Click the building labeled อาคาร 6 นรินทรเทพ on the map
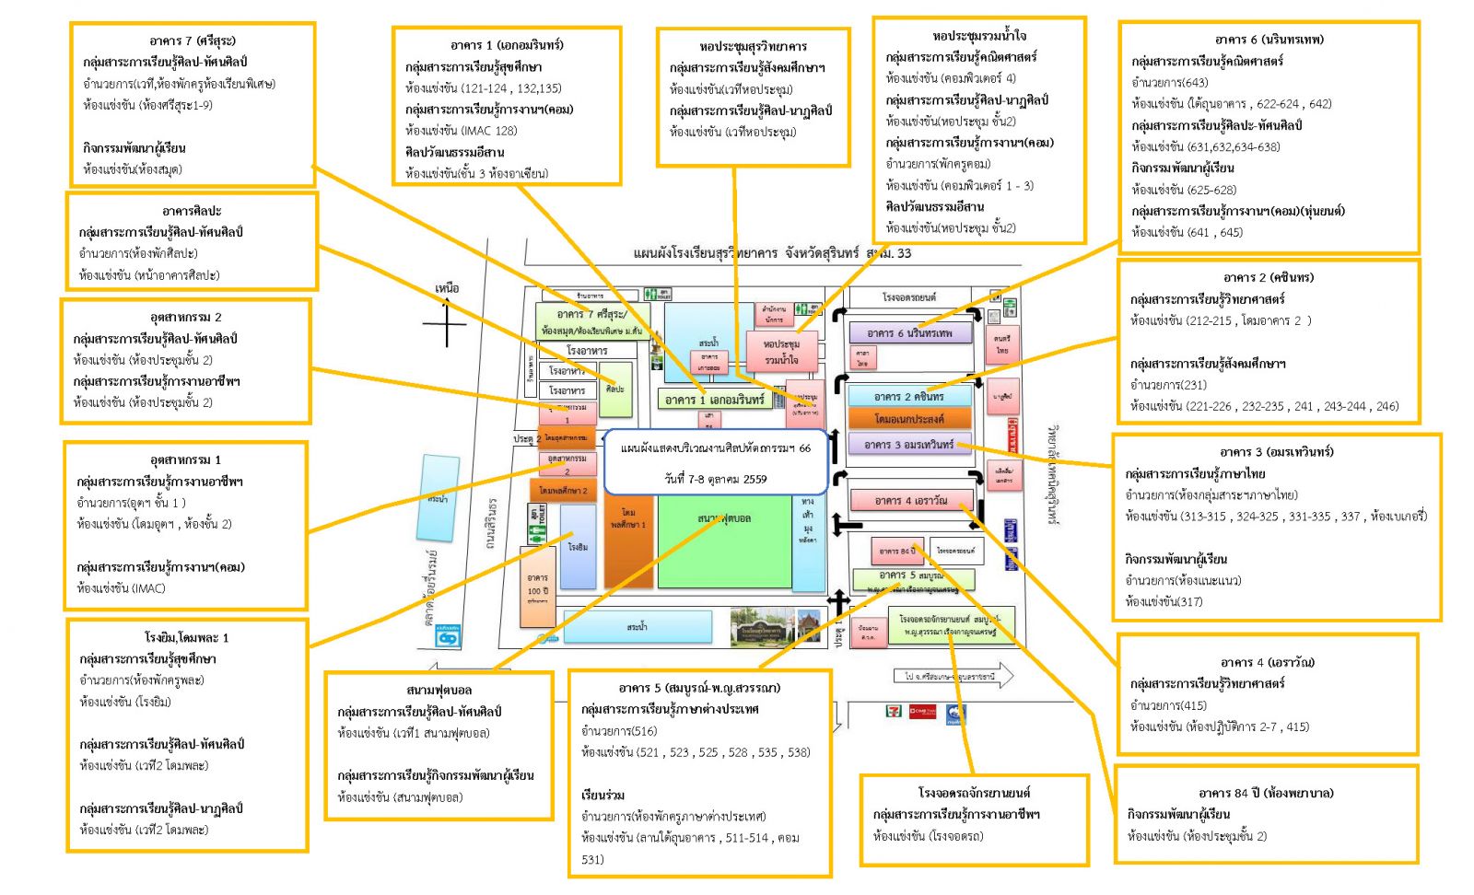908,333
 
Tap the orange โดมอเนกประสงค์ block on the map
908,419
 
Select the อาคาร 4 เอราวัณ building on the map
910,500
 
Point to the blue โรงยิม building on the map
578,546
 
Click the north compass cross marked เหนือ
447,324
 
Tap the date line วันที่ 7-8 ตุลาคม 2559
715,479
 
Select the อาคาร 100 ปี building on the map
537,587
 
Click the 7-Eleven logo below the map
892,711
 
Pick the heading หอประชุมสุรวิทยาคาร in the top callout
753,46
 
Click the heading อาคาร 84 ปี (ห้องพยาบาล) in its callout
1266,793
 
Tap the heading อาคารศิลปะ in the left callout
192,211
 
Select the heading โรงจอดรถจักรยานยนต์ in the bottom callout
974,793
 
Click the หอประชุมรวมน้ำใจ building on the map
782,352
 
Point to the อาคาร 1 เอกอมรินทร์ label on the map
714,400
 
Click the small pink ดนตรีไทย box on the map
1001,343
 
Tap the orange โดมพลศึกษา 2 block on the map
563,491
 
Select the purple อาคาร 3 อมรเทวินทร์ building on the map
908,445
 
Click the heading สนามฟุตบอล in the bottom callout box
439,690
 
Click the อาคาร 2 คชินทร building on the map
908,396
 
